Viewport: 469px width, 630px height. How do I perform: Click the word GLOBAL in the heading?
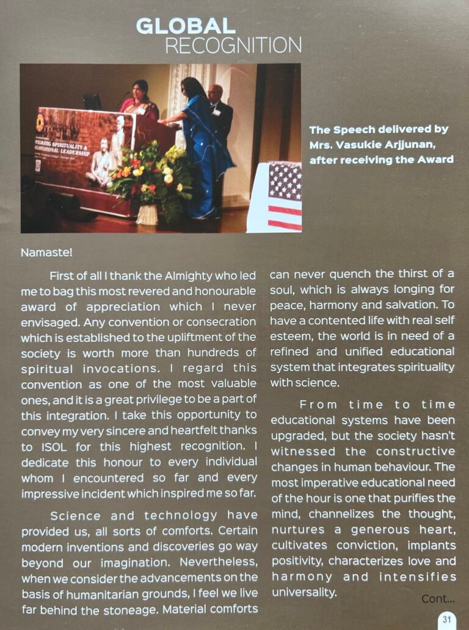185,26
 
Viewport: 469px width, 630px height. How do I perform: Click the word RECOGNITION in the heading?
233,45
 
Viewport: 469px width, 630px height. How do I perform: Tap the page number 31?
447,619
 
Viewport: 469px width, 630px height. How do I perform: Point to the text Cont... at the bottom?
438,599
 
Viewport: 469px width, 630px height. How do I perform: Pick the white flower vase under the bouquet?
147,214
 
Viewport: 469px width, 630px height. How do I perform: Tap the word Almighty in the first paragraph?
173,276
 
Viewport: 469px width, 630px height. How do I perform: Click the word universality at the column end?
304,592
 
